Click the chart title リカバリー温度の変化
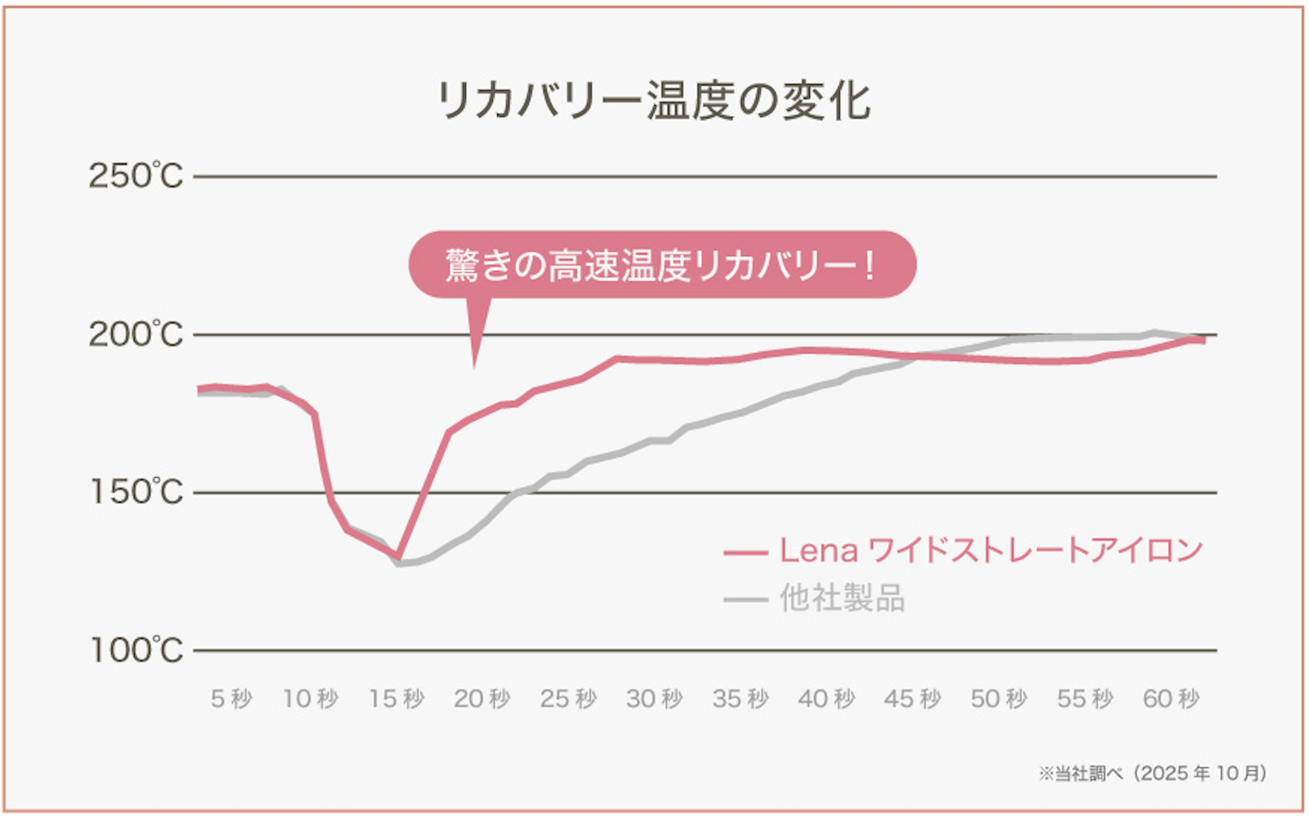pos(653,101)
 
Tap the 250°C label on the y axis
pos(135,177)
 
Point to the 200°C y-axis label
pos(135,335)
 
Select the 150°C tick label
pos(135,492)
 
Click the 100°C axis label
pos(135,650)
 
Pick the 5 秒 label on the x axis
pos(232,699)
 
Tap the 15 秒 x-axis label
pos(396,699)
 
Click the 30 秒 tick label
pos(654,699)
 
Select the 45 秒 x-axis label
pos(912,699)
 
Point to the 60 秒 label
pos(1171,699)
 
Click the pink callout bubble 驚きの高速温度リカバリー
pos(661,265)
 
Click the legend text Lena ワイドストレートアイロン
pos(991,551)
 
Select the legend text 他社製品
pos(841,599)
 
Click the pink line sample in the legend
pos(745,552)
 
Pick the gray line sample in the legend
pos(745,600)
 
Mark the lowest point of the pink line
pos(398,557)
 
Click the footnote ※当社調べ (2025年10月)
pos(1152,773)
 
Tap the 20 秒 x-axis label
pos(481,699)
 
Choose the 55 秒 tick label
pos(1084,699)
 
